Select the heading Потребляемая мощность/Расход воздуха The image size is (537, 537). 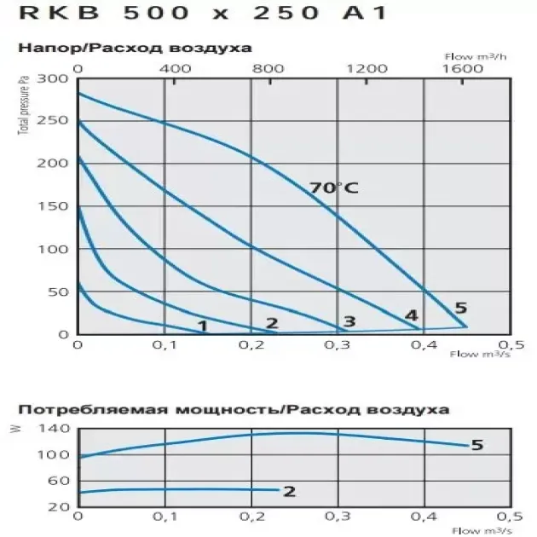[x=234, y=409]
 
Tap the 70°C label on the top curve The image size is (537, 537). [x=334, y=188]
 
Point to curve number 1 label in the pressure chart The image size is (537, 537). [x=202, y=325]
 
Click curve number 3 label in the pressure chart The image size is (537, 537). [x=349, y=321]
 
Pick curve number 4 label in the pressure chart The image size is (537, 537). [x=412, y=316]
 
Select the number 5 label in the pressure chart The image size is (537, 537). [x=461, y=308]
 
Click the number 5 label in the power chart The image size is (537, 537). [x=477, y=445]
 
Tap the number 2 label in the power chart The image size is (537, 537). [x=289, y=491]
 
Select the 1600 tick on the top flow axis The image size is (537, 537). [x=460, y=67]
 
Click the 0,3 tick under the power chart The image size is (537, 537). [x=338, y=517]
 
